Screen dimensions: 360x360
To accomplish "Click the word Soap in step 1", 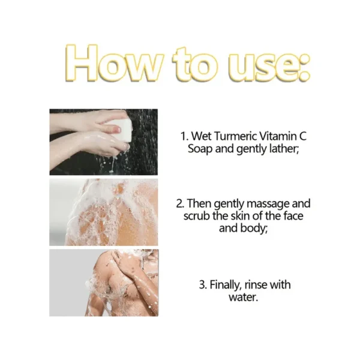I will (200, 148).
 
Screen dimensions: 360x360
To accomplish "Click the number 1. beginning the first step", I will (184, 136).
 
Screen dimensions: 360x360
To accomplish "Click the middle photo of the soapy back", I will (104, 212).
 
